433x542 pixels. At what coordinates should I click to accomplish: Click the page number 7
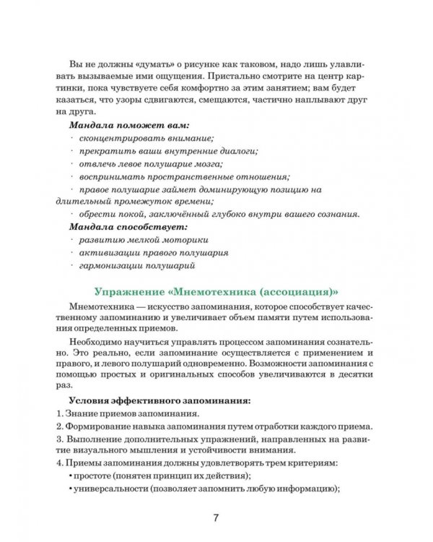click(216, 518)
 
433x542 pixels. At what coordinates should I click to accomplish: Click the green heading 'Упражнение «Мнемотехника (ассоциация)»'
click(216, 292)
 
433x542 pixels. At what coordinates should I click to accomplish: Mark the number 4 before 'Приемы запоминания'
click(58, 462)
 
